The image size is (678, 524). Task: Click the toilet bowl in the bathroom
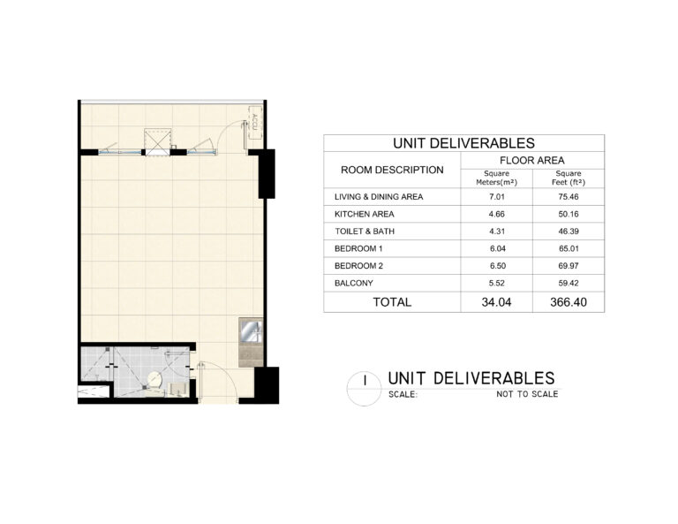click(x=154, y=380)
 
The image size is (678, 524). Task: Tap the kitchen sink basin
click(x=251, y=331)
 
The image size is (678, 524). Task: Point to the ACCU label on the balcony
click(x=254, y=123)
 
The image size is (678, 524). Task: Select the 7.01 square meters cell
click(x=497, y=197)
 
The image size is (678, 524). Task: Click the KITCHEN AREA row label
click(x=364, y=214)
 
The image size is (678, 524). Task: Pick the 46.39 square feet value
click(x=569, y=232)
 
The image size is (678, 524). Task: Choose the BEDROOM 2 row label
click(x=359, y=266)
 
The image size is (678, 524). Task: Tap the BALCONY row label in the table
click(x=354, y=284)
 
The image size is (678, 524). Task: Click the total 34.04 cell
click(x=496, y=302)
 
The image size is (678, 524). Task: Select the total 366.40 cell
click(x=569, y=302)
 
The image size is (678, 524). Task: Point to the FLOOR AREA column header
click(x=531, y=161)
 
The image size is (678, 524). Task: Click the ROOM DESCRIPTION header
click(x=392, y=170)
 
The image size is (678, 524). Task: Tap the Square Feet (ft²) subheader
click(x=569, y=178)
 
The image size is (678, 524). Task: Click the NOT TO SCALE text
click(x=527, y=394)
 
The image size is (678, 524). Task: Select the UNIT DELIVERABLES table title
click(x=464, y=143)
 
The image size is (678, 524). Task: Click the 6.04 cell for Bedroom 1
click(x=497, y=249)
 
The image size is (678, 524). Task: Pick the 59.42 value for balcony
click(x=569, y=284)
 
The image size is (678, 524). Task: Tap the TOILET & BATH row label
click(x=365, y=232)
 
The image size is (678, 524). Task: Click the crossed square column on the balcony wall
click(x=157, y=141)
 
